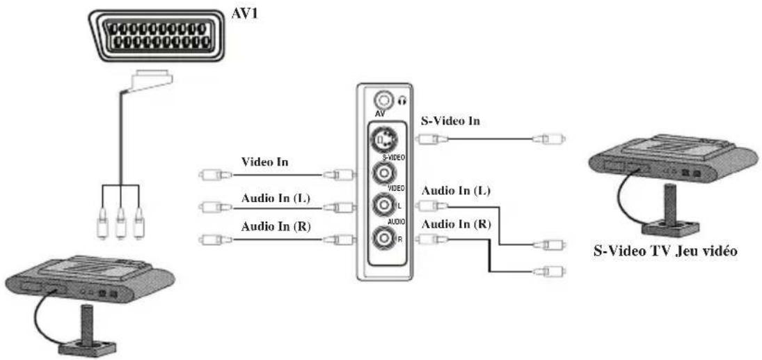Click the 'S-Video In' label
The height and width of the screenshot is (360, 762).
452,121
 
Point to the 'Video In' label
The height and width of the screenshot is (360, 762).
265,161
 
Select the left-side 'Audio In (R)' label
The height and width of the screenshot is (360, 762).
276,226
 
